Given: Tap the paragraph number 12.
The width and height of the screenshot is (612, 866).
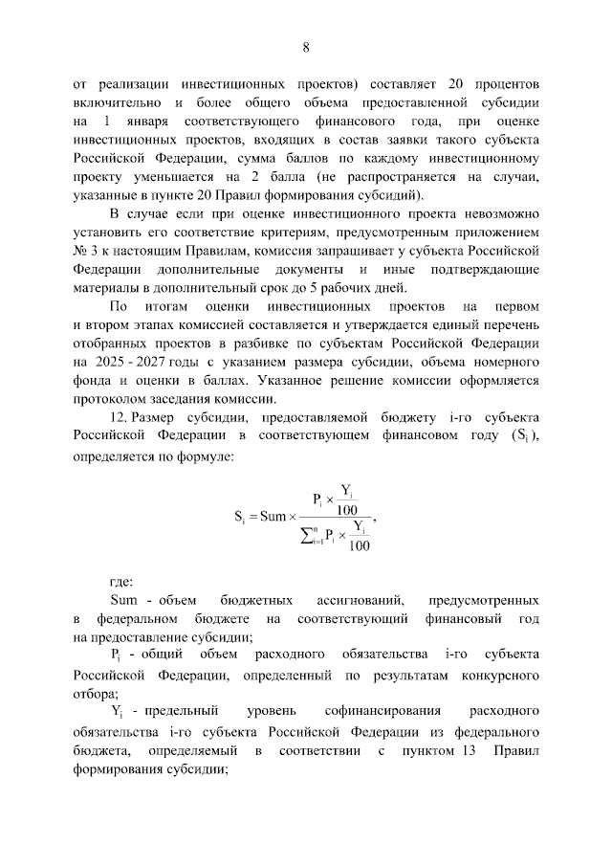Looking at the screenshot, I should [121, 419].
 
